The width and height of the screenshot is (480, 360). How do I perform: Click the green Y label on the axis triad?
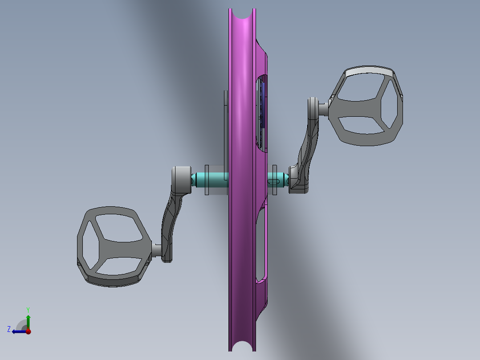click(28, 309)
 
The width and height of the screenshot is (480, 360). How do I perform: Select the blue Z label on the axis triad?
click(9, 329)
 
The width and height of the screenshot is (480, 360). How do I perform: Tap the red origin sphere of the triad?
click(28, 331)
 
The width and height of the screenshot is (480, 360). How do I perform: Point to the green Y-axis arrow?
click(28, 320)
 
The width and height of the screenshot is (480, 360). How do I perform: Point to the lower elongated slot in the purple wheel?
click(261, 245)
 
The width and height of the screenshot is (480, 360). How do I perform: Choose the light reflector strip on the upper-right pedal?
click(369, 71)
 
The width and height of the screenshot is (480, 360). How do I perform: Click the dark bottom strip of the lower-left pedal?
click(111, 281)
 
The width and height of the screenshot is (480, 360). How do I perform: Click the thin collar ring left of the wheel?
click(207, 180)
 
